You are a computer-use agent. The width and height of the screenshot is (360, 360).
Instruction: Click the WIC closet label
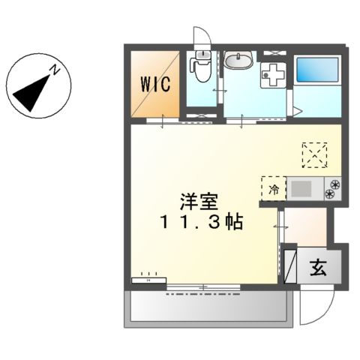155,82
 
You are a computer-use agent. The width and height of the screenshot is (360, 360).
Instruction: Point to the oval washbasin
239,60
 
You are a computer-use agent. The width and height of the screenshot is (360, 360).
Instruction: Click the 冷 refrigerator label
274,189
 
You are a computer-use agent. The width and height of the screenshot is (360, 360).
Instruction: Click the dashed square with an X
315,154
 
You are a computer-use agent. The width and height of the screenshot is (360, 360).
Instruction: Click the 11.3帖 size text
198,223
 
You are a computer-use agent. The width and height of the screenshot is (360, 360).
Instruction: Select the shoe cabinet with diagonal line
289,265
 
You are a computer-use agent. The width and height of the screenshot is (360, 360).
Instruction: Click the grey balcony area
207,308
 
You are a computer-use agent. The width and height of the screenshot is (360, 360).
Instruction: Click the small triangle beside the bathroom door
298,113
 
